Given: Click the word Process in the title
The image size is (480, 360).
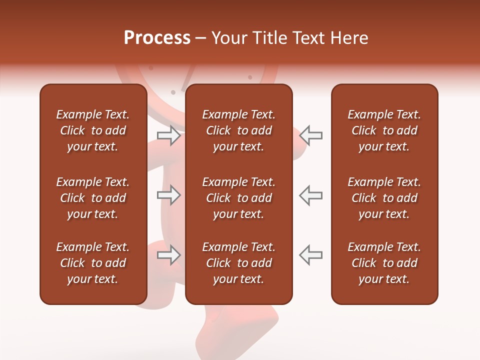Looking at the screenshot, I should (157, 38).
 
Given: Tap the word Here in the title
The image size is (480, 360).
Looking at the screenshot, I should (348, 38).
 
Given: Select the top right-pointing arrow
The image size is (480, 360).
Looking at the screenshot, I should (168, 135).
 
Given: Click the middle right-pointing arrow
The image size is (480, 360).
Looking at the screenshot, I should (168, 194).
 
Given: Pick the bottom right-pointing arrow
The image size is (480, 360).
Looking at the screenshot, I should (168, 255).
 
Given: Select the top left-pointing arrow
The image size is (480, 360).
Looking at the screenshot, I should (310, 135).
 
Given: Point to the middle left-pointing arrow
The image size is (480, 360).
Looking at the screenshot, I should (310, 194).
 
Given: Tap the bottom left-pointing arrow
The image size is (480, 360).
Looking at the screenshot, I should (310, 255).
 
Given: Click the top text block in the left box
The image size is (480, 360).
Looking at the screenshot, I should (93, 130).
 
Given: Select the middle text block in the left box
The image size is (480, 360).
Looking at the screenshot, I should (93, 198).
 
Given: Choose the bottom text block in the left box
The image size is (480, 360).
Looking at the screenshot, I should (93, 263).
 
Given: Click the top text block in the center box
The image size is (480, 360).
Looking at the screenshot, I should (238, 130).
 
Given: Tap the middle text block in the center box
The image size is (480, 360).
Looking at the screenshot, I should (238, 198).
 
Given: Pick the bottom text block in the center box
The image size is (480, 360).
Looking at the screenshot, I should (238, 263).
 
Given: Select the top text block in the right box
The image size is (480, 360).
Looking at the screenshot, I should (384, 130).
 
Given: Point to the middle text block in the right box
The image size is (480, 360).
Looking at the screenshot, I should (384, 198).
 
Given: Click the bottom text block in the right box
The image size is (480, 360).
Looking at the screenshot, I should (384, 263).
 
